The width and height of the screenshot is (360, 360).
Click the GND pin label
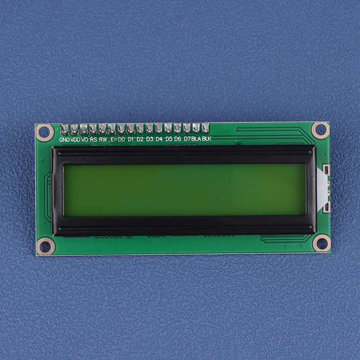(x=64, y=139)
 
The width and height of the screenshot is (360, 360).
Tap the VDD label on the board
(x=75, y=139)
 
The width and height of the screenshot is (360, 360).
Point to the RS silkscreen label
(x=94, y=139)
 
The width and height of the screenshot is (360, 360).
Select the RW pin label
(x=103, y=139)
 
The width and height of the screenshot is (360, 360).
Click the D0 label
(x=121, y=139)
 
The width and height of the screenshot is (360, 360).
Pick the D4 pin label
(x=159, y=139)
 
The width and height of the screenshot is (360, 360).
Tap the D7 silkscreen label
(x=187, y=139)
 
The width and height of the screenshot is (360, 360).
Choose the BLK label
(x=207, y=139)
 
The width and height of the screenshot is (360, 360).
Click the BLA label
(x=196, y=139)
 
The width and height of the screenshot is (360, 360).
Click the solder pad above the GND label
(x=64, y=130)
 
